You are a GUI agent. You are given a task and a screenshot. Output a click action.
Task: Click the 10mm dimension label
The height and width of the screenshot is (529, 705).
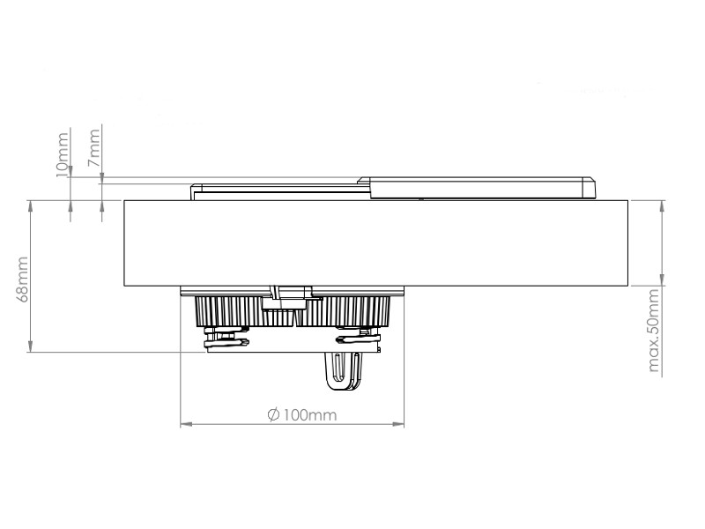pyautogui.click(x=63, y=156)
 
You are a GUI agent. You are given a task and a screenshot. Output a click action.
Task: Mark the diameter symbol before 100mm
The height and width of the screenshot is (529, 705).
pyautogui.click(x=273, y=414)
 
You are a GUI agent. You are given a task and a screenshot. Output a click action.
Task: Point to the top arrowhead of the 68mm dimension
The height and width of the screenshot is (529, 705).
pyautogui.click(x=31, y=205)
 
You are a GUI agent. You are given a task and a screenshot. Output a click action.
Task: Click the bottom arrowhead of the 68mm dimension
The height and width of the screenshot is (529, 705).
pyautogui.click(x=31, y=348)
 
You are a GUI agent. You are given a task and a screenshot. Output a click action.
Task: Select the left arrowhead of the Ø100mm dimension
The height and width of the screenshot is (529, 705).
pyautogui.click(x=185, y=425)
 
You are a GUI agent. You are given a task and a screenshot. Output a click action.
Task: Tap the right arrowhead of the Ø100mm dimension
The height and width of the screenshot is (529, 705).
pyautogui.click(x=399, y=425)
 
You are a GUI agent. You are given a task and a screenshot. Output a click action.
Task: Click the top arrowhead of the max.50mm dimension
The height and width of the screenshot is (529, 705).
pyautogui.click(x=661, y=205)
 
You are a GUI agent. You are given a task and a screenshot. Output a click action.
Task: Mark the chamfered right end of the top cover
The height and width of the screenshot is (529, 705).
pyautogui.click(x=590, y=187)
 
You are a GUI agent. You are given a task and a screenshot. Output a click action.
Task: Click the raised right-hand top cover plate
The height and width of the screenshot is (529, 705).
pyautogui.click(x=476, y=188)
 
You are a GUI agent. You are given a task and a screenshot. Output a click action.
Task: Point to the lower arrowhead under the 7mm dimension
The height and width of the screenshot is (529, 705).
pyautogui.click(x=103, y=205)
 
